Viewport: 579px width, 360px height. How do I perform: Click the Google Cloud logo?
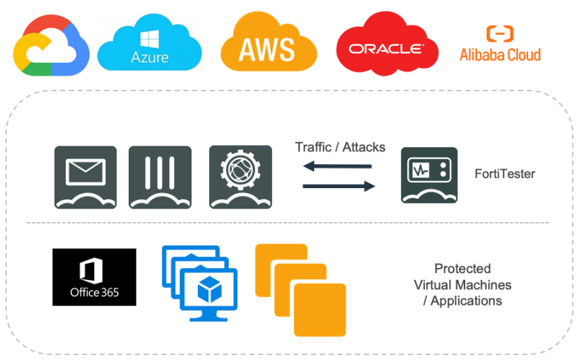[51, 47]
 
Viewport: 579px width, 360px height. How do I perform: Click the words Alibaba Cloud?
[500, 55]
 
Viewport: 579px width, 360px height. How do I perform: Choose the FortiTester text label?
[505, 173]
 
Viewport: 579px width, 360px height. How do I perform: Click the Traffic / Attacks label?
[340, 147]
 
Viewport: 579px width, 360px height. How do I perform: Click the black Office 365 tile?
[94, 277]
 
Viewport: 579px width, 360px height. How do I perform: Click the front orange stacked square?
[320, 308]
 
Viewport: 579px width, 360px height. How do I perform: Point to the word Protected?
[462, 269]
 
